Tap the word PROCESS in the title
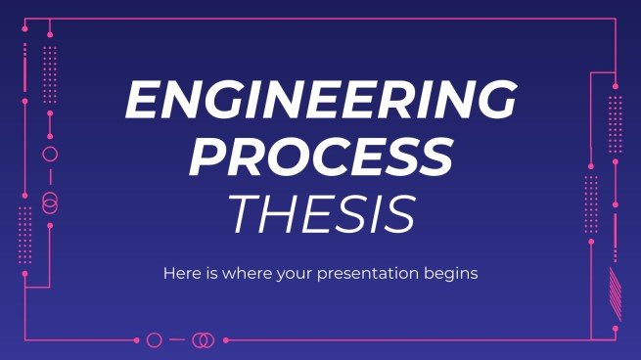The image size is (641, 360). pos(321,157)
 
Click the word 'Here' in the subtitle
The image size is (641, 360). pos(180,274)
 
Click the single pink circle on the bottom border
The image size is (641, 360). pos(154,340)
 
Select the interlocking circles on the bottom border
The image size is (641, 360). pos(203,340)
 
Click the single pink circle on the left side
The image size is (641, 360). pos(50,155)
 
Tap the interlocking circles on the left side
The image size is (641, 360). pos(50,202)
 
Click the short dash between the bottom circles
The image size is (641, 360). pos(178,340)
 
